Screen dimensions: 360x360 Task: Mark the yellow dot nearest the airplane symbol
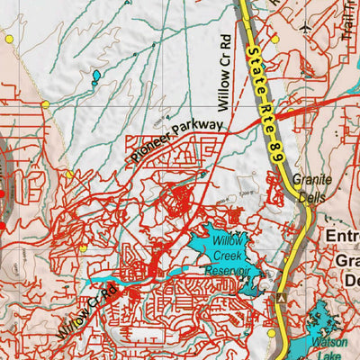pyautogui.click(x=274, y=39)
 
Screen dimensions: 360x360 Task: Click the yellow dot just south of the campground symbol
pyautogui.click(x=273, y=334)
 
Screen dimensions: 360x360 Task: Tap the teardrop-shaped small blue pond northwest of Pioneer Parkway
pyautogui.click(x=95, y=76)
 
